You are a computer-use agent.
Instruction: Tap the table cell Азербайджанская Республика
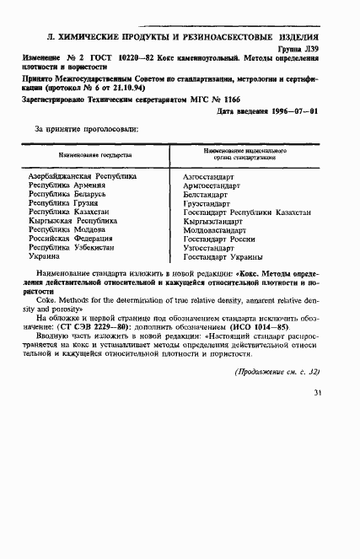[x=82, y=176]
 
